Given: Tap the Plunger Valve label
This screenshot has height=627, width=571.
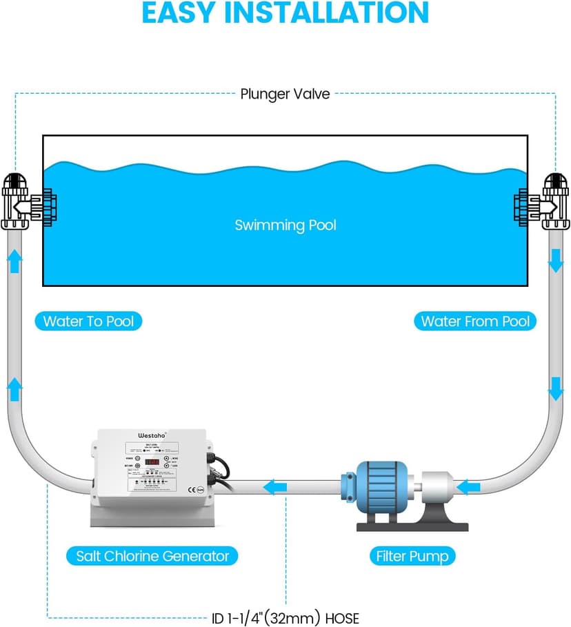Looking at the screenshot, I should (x=285, y=94).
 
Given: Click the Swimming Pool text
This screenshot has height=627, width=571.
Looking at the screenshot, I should (x=285, y=226).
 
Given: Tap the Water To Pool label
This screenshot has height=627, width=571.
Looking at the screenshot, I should (x=88, y=321).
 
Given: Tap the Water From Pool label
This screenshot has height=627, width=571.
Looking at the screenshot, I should (x=475, y=321).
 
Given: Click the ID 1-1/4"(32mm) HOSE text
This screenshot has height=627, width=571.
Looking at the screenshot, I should (x=285, y=618).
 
